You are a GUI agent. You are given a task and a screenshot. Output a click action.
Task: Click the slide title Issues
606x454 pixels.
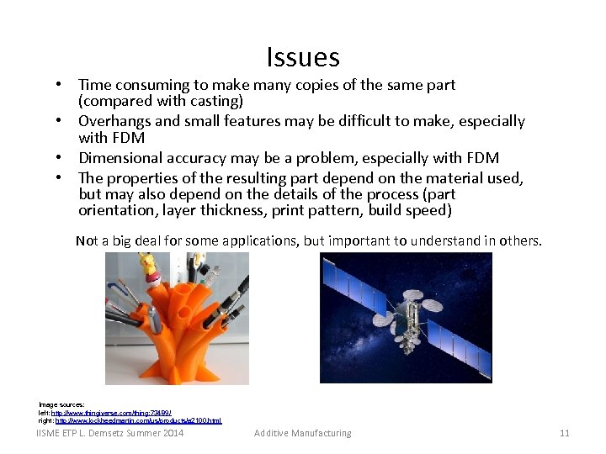coord(303,57)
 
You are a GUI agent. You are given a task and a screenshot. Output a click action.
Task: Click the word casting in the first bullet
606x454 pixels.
coord(215,101)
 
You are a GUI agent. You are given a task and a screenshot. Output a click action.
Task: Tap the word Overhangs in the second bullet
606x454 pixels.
coord(115,121)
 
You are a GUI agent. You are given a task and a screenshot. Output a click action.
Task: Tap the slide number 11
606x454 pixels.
coord(564,433)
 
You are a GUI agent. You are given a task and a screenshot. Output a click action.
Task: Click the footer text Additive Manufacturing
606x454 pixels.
coord(303,433)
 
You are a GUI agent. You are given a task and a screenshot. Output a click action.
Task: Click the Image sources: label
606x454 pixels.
coord(61,405)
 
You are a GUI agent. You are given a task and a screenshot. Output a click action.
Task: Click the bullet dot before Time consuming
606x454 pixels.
coord(62,85)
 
